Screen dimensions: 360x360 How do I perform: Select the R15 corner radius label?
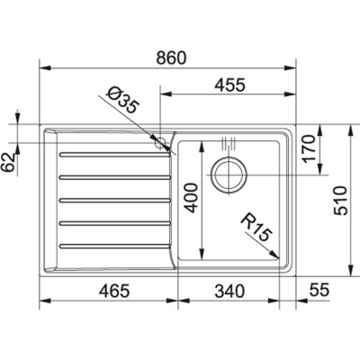256,227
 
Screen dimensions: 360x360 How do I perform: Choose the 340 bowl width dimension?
229,291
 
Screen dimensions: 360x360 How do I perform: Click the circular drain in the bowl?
229,175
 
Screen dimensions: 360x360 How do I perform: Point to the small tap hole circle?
162,144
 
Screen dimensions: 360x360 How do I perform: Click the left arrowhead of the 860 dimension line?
46,67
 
